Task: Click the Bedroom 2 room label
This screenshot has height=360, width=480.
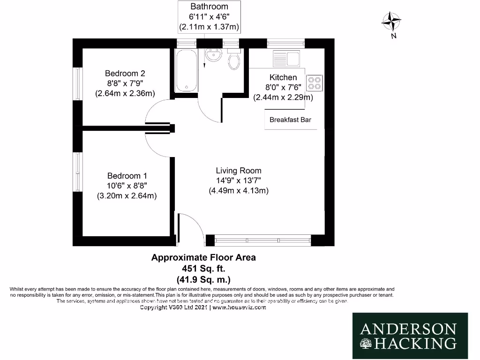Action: pos(125,73)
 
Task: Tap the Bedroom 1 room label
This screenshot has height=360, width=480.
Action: pos(124,175)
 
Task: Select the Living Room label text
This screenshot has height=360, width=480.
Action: pos(239,171)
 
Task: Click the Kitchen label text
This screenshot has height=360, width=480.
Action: pos(283,77)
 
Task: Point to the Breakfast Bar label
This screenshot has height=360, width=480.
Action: pos(290,120)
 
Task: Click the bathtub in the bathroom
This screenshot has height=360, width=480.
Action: pos(186,71)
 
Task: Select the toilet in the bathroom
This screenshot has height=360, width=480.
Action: pos(234,61)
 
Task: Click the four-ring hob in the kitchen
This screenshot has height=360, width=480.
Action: pos(314,83)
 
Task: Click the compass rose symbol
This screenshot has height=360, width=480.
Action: pos(391,21)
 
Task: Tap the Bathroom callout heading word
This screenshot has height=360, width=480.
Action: pos(209,7)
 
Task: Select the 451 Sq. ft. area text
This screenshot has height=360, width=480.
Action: pos(203,269)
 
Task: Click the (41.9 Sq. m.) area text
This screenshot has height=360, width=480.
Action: pos(203,280)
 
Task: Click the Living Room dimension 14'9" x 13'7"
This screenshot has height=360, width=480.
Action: pos(239,180)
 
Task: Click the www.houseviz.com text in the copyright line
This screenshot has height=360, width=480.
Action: pos(239,307)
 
